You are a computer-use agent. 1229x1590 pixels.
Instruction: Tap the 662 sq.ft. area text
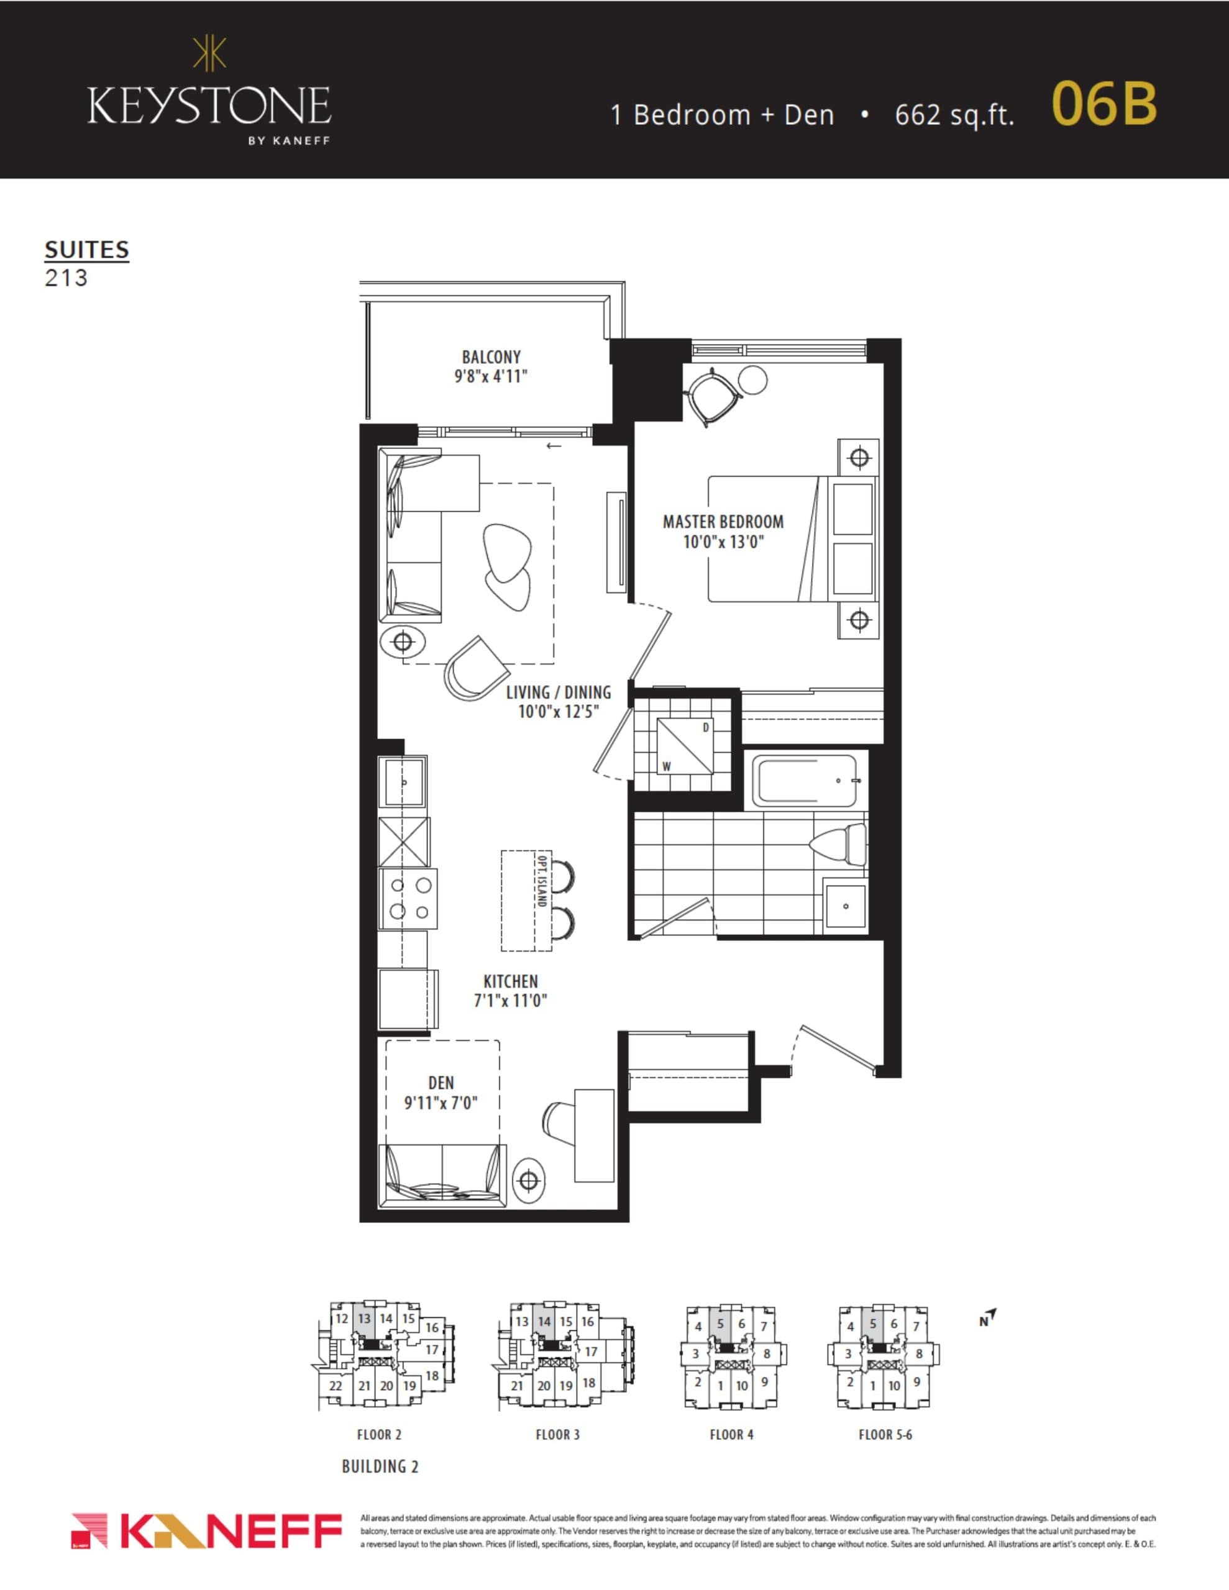click(954, 115)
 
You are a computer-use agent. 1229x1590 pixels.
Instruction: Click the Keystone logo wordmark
click(209, 105)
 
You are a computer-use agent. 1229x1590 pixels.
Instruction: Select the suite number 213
click(66, 278)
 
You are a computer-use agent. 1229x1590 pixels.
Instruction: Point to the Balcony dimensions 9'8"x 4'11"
click(490, 376)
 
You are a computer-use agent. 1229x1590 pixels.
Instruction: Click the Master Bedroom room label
click(723, 521)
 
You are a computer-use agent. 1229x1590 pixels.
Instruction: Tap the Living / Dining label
click(558, 693)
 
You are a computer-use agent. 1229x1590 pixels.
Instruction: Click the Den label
click(441, 1083)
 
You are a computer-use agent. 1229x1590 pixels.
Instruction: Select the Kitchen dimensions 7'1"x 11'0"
click(510, 1001)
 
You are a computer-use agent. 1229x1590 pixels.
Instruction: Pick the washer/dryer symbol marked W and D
click(685, 746)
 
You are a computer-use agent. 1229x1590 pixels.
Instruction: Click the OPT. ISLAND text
click(541, 879)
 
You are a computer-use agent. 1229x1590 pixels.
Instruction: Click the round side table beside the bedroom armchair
click(752, 379)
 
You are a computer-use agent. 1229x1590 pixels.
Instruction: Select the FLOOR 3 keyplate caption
click(557, 1435)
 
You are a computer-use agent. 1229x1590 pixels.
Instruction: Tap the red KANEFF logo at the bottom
click(207, 1531)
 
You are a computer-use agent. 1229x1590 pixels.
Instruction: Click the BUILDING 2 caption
click(380, 1466)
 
